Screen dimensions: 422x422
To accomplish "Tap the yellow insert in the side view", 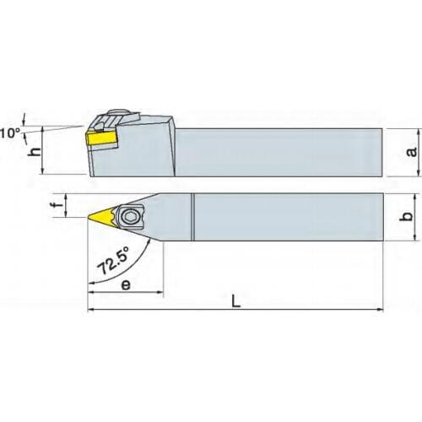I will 100,136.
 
